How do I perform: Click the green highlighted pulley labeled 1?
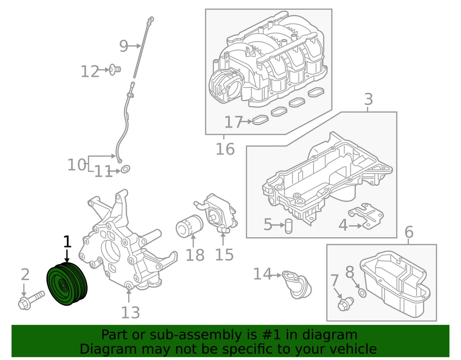67,285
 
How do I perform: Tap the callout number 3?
368,100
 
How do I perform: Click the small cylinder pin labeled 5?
289,225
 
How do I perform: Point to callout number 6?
409,233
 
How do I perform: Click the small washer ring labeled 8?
362,292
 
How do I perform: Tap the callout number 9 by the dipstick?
123,46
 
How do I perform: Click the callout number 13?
130,312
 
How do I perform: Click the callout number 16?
224,149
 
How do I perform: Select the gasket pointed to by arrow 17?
260,120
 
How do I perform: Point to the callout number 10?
76,165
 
